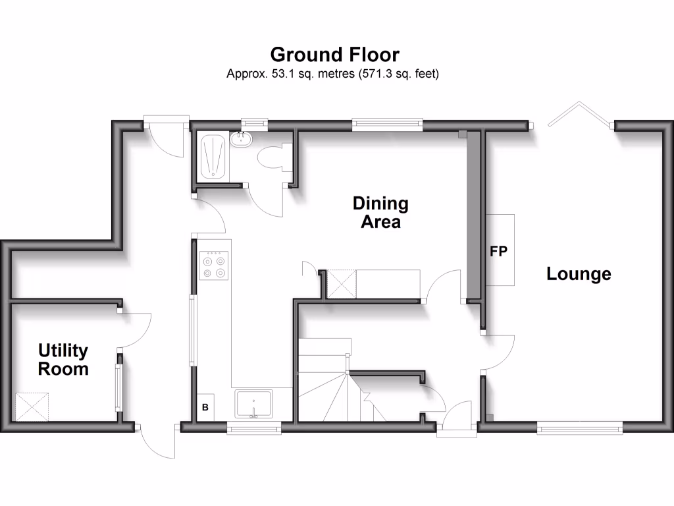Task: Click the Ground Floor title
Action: (334, 54)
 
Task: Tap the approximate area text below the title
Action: (332, 74)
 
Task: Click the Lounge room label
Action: (579, 273)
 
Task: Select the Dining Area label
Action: (380, 212)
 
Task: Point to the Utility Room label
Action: (63, 359)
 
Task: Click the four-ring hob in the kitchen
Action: (215, 266)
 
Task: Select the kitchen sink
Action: (253, 403)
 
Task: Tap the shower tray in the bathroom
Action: (212, 156)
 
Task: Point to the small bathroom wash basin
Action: (240, 138)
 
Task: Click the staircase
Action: (329, 382)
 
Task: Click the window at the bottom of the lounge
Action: (580, 428)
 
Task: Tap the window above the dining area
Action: (387, 123)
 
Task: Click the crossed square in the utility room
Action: (32, 407)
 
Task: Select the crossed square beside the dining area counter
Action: (342, 284)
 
